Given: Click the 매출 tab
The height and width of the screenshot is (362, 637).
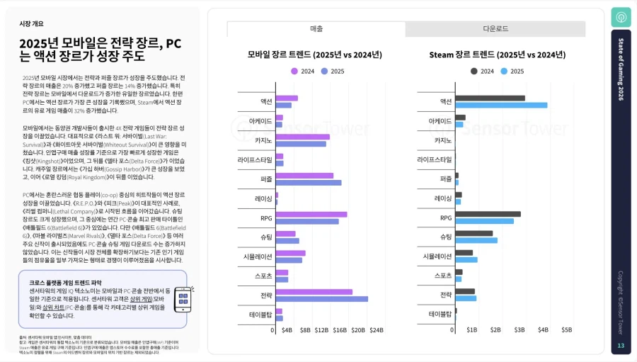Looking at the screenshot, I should [316, 29].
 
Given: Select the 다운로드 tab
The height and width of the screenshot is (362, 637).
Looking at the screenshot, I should [495, 29].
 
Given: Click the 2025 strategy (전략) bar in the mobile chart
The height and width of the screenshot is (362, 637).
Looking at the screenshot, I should [321, 299].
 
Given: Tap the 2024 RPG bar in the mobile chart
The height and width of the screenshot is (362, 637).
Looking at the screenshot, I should [311, 214].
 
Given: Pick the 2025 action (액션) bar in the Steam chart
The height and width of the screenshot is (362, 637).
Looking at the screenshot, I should [501, 106].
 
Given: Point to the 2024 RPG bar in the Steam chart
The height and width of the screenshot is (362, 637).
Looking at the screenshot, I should [488, 214].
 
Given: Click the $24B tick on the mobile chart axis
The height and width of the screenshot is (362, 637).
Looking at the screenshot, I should [376, 330].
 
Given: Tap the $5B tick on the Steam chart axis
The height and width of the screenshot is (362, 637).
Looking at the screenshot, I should [566, 330].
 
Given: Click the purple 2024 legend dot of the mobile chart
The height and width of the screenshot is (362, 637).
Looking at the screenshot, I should [295, 71].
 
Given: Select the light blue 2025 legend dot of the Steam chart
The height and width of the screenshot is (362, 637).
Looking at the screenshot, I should [504, 71].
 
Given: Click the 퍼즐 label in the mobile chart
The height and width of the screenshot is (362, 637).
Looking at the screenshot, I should [266, 179].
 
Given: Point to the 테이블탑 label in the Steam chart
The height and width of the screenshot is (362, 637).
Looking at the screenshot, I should [440, 314].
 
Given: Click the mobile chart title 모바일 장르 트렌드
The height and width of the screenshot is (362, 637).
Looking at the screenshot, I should [314, 55].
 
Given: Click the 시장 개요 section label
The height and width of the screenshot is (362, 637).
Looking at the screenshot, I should [31, 23].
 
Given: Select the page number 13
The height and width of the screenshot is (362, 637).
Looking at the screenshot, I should [620, 346].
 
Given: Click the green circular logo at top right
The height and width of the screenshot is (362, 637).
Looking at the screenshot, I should [621, 18].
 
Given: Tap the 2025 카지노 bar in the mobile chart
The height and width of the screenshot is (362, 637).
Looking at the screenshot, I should [301, 144].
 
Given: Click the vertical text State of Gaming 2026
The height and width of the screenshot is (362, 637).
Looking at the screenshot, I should [621, 69].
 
